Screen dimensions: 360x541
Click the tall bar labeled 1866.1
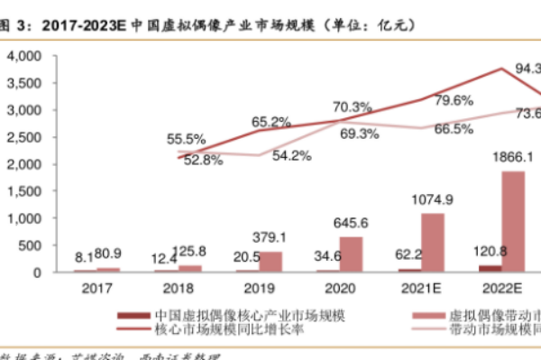tap(513, 221)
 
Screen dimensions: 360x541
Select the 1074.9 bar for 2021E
tap(433, 243)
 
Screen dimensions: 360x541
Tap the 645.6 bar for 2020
tap(353, 254)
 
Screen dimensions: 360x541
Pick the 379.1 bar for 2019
tap(272, 262)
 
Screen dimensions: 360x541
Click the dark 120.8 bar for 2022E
tap(491, 268)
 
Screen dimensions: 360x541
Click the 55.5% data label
tap(187, 139)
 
